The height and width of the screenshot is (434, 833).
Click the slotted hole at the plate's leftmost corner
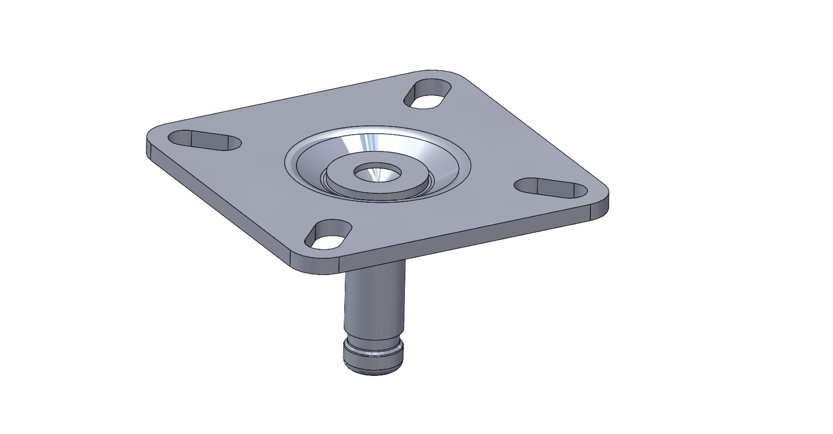[x=205, y=141]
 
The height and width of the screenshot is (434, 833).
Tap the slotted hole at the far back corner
[x=428, y=94]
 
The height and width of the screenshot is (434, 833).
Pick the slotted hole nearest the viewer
[x=328, y=235]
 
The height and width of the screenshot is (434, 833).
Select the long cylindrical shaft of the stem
[x=374, y=304]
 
